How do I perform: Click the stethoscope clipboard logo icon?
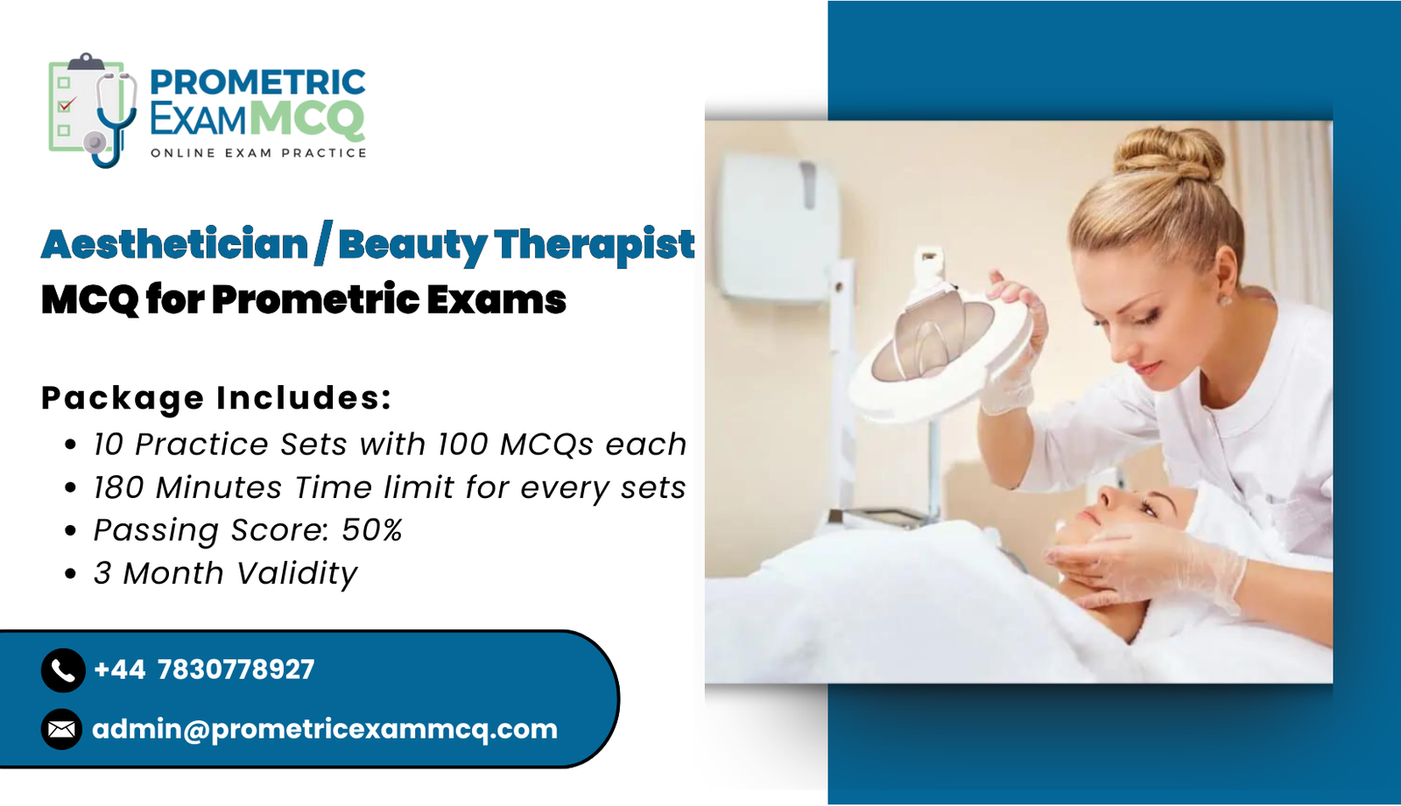click(x=93, y=110)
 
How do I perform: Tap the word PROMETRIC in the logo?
click(x=257, y=82)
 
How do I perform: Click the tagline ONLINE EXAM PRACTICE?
click(x=258, y=153)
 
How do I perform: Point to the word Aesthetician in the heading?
click(x=174, y=244)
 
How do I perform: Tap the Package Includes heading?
click(x=216, y=397)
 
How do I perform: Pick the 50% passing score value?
click(x=371, y=530)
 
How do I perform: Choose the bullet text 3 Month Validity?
click(x=226, y=573)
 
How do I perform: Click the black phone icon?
click(x=63, y=670)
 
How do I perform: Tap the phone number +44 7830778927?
click(x=204, y=669)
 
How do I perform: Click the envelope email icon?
click(x=62, y=729)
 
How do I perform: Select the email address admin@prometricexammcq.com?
click(x=325, y=730)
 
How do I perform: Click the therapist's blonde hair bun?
click(x=1168, y=154)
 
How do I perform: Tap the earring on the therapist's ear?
click(x=1225, y=301)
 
